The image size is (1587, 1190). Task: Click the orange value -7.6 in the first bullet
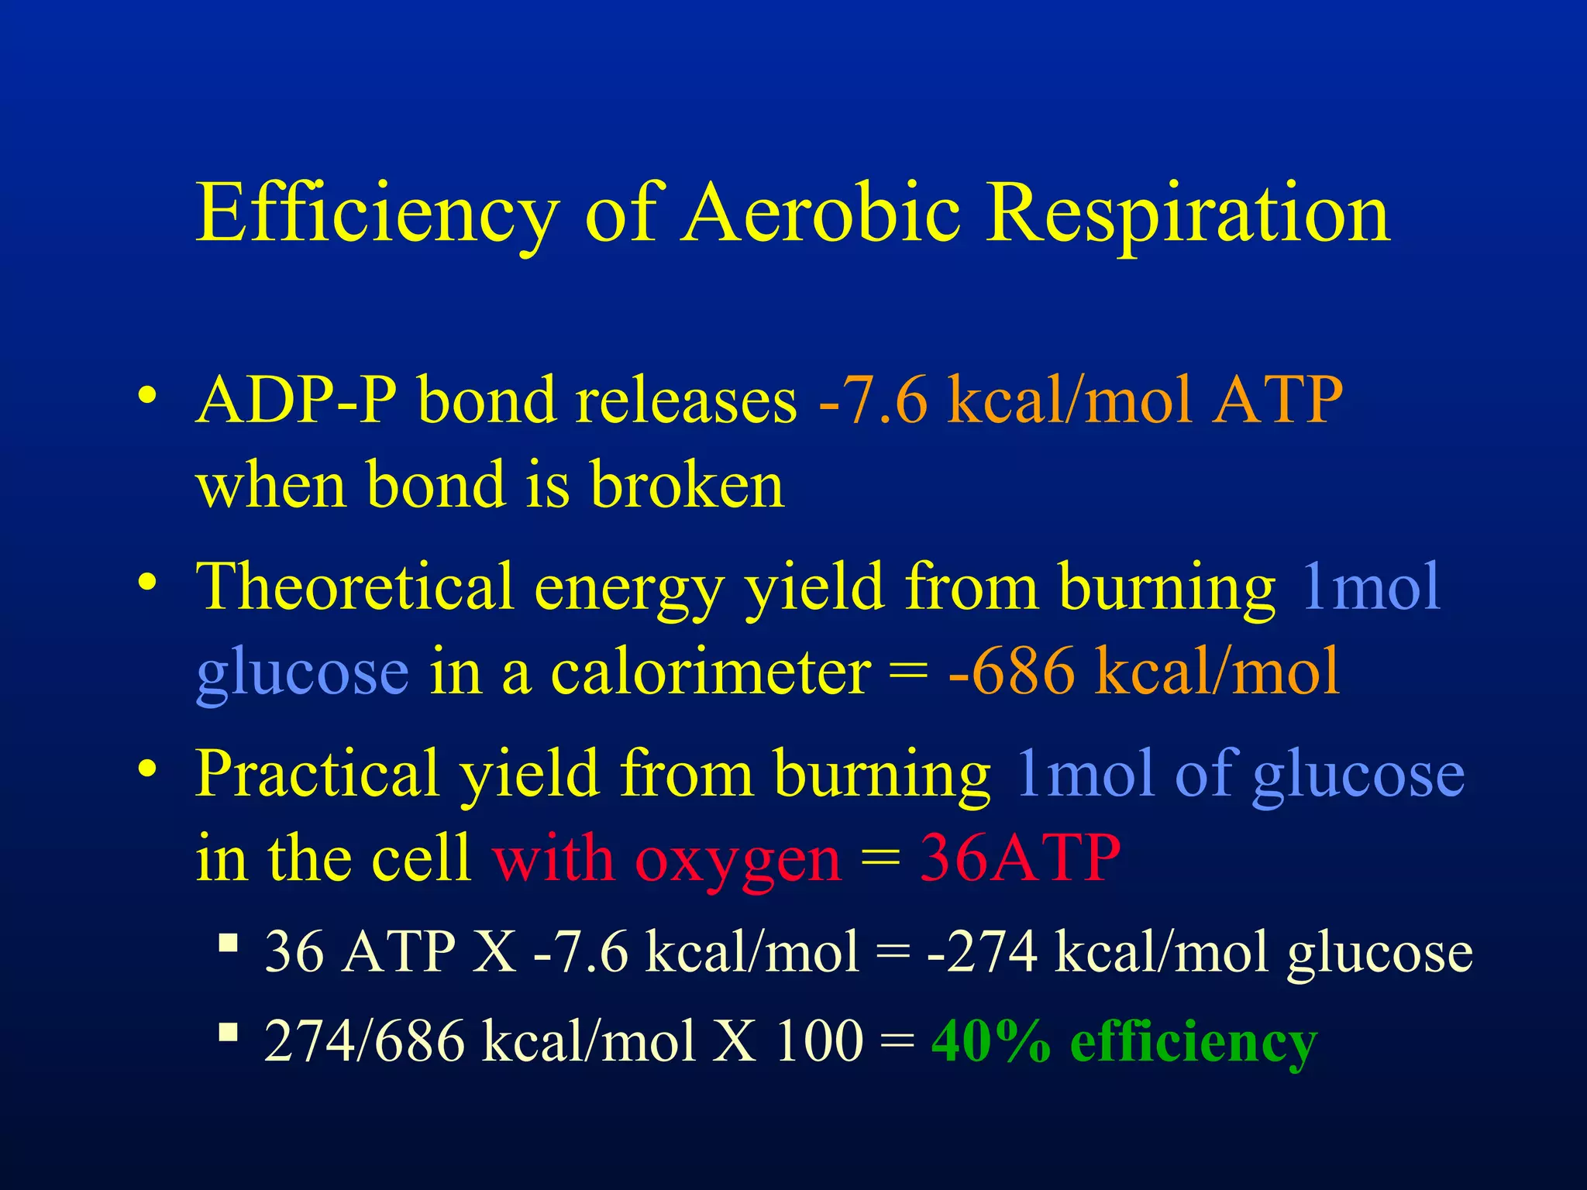pyautogui.click(x=873, y=401)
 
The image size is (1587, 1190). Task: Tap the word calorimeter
pyautogui.click(x=710, y=672)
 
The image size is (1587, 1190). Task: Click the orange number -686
pyautogui.click(x=1011, y=672)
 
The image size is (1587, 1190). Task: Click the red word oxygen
pyautogui.click(x=737, y=860)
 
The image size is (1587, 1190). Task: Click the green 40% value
pyautogui.click(x=991, y=1041)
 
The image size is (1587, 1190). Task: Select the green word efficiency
pyautogui.click(x=1193, y=1043)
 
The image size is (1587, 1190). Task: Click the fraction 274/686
pyautogui.click(x=364, y=1041)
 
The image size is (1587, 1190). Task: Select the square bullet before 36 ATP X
pyautogui.click(x=228, y=944)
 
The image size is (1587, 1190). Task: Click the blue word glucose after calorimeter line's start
pyautogui.click(x=302, y=673)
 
